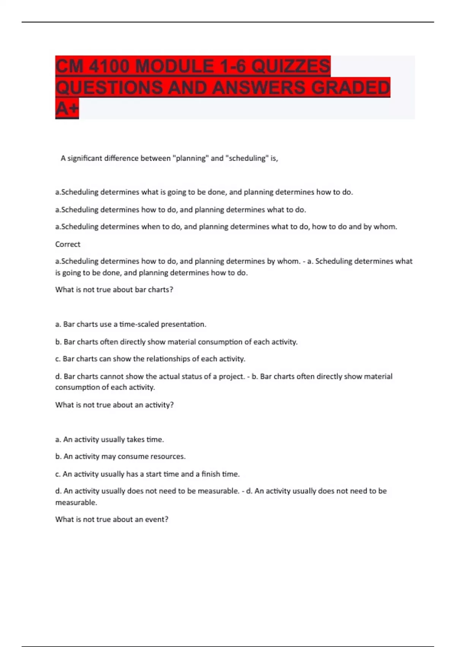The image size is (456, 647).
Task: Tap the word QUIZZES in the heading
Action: point(291,66)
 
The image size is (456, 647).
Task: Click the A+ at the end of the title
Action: point(67,109)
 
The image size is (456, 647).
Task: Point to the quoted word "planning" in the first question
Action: point(191,158)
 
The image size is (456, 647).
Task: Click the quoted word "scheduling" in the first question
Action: point(247,158)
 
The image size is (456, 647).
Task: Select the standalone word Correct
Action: point(68,244)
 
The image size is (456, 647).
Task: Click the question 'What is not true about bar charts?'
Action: point(114,290)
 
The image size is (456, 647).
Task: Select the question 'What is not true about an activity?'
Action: point(114,405)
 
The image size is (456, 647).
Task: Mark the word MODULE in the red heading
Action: point(174,66)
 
